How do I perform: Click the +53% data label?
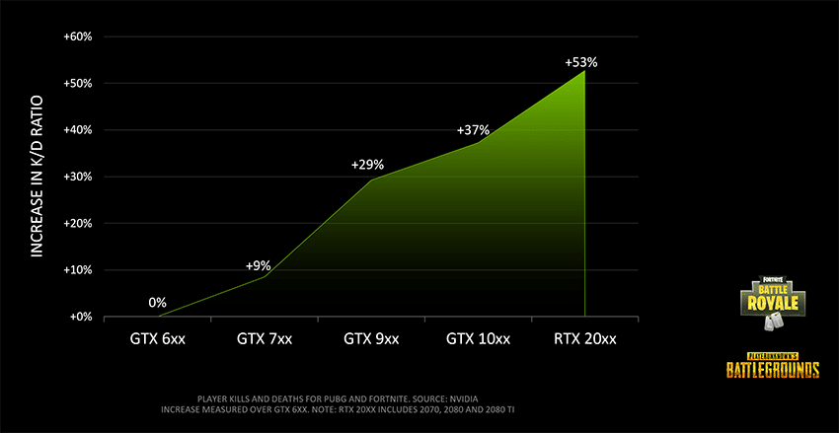(580, 62)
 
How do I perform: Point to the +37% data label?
(473, 130)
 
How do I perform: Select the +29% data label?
(367, 164)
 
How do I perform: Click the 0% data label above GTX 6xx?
(157, 302)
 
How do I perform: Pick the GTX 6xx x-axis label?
(157, 339)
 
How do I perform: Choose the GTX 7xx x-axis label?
(265, 339)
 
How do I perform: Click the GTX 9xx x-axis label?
(371, 339)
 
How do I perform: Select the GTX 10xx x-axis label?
(478, 339)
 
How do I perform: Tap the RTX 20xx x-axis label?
(584, 339)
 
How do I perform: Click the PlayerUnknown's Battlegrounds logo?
(772, 364)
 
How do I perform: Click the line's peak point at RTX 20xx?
(584, 71)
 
